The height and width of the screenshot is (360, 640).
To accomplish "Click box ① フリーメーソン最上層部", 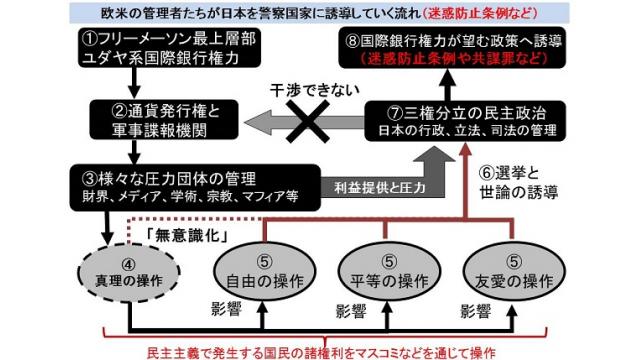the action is pos(169,48).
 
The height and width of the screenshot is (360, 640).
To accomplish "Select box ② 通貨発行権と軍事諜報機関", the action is pos(164,120).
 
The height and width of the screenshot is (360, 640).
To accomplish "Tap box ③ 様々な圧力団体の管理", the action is pos(195,187).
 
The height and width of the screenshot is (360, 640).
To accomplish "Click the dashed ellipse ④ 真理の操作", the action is pos(129,273).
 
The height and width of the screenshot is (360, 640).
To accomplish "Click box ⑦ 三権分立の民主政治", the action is pos(465,121).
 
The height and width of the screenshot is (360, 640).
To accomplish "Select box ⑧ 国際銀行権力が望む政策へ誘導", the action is pos(452,48).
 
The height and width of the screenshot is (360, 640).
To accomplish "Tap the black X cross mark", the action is pos(307,122).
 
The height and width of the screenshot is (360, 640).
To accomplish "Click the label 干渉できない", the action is pos(315,90).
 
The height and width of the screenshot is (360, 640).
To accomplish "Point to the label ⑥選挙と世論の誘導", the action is pos(518,182).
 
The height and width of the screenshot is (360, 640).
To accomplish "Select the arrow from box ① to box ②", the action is pos(134,83).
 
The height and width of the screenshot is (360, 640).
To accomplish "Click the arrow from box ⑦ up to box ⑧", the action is pos(448,85).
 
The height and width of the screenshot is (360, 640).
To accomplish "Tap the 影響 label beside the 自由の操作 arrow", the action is pos(227,309).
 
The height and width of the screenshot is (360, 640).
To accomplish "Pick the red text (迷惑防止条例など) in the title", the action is pos(480,13).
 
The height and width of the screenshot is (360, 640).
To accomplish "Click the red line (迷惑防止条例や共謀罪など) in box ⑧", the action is pos(453,58).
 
